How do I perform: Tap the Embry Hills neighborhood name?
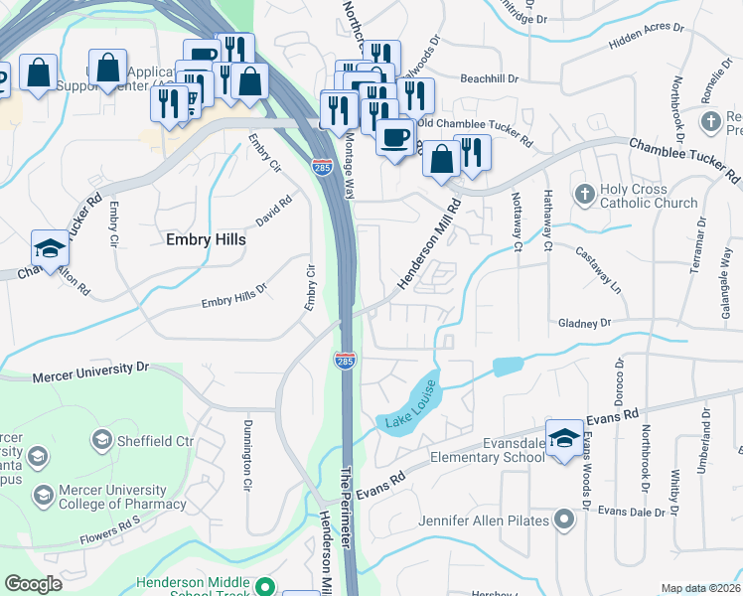pyautogui.click(x=205, y=239)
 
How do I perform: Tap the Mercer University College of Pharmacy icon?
pyautogui.click(x=43, y=495)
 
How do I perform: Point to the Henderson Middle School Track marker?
pyautogui.click(x=264, y=587)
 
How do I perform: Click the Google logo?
pyautogui.click(x=34, y=584)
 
